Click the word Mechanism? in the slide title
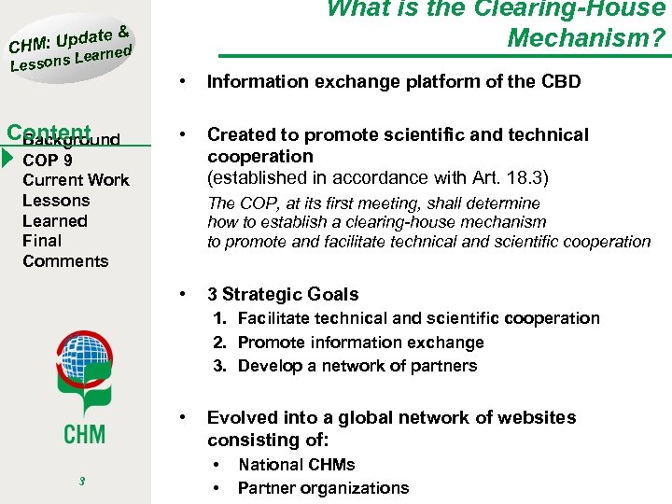pos(586,38)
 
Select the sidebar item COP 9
pos(48,160)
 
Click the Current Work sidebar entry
pos(76,180)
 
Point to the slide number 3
pos(83,482)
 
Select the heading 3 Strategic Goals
pos(282,294)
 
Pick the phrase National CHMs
pos(296,465)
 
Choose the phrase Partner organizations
pos(323,488)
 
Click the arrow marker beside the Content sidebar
pos(7,150)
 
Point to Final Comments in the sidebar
pos(64,251)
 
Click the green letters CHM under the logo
pos(84,432)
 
